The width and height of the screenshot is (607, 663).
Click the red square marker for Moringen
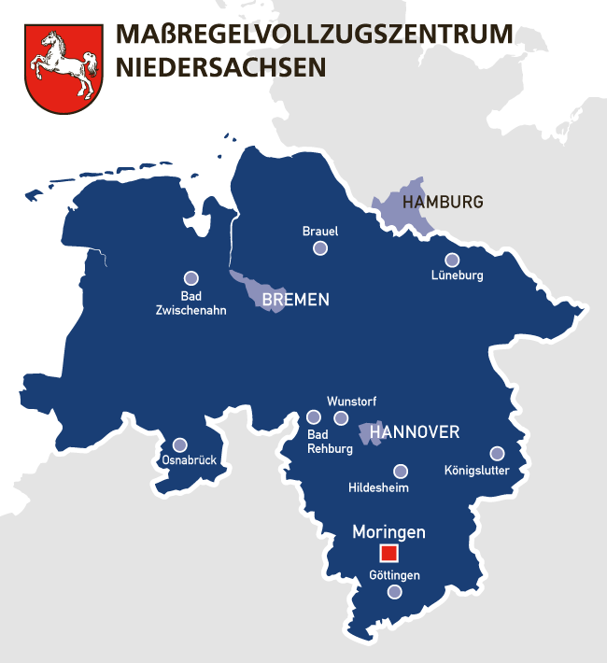[388, 552]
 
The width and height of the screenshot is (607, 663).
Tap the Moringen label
[388, 532]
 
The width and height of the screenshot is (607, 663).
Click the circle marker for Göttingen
[395, 592]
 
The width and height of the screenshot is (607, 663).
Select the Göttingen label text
[394, 575]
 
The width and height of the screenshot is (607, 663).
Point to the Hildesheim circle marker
[401, 471]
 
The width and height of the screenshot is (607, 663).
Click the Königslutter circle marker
[497, 453]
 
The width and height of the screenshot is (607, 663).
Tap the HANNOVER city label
[415, 432]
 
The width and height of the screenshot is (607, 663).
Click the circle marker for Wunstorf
[341, 417]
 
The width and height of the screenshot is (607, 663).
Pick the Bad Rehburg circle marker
[313, 417]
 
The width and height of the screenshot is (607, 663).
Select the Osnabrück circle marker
[179, 444]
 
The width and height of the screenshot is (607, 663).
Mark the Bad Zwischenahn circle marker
[191, 277]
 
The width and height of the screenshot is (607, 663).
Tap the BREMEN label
[295, 301]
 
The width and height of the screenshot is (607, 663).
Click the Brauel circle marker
[320, 247]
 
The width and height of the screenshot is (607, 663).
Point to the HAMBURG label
[442, 202]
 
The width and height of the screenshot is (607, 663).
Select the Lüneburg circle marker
[452, 260]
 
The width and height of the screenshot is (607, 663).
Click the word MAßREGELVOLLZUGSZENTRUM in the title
[314, 35]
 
